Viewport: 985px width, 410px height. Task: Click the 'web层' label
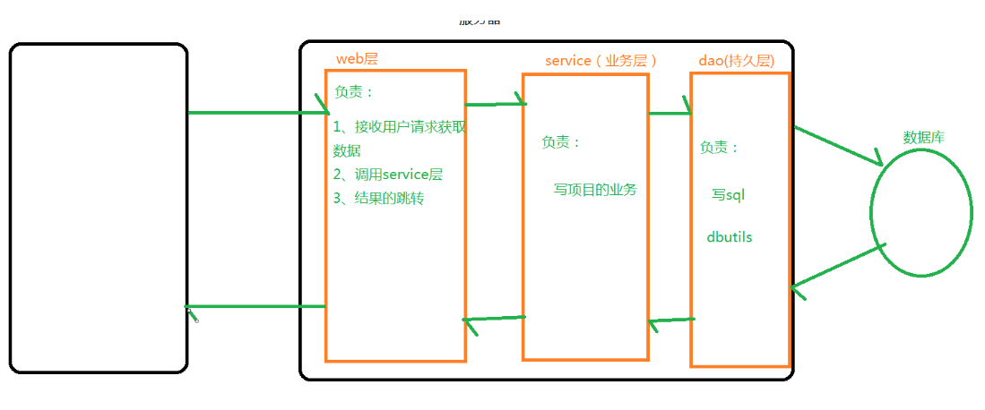pyautogui.click(x=357, y=59)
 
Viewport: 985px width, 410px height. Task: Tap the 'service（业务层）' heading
pyautogui.click(x=601, y=61)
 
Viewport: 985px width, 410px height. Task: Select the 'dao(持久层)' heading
pyautogui.click(x=736, y=61)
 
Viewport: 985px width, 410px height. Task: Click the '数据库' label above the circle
pyautogui.click(x=923, y=137)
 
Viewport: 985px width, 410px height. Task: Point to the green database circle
pyautogui.click(x=920, y=212)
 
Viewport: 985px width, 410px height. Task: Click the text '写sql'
pyautogui.click(x=728, y=193)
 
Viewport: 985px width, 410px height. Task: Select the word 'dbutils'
pyautogui.click(x=729, y=237)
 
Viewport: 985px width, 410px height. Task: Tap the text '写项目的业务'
pyautogui.click(x=595, y=189)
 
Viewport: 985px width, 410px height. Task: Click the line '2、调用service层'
pyautogui.click(x=388, y=175)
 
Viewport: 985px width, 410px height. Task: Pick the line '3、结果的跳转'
pyautogui.click(x=378, y=198)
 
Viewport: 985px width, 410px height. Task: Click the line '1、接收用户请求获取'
pyautogui.click(x=399, y=127)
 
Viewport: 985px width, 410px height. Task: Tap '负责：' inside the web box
pyautogui.click(x=354, y=92)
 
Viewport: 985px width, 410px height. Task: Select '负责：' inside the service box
pyautogui.click(x=561, y=142)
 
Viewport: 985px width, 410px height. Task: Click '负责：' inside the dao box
pyautogui.click(x=720, y=148)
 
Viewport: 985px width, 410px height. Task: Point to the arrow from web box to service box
pyautogui.click(x=494, y=104)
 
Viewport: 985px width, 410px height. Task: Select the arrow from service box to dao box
pyautogui.click(x=670, y=113)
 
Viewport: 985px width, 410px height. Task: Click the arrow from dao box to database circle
pyautogui.click(x=838, y=146)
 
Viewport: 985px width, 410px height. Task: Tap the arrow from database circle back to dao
pyautogui.click(x=838, y=267)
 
